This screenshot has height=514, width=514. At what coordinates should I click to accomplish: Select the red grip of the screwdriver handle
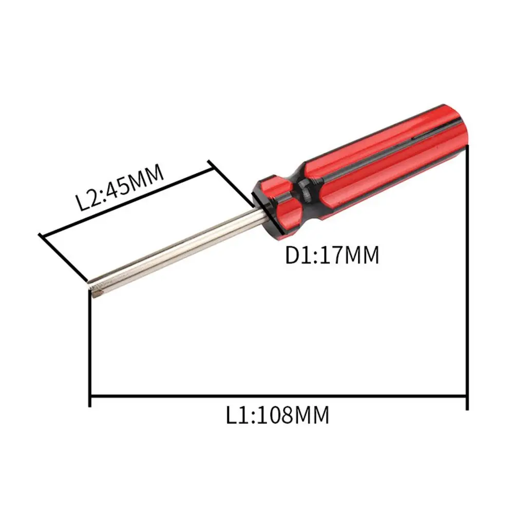390,154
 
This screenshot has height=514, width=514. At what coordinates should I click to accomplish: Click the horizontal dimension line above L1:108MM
277,397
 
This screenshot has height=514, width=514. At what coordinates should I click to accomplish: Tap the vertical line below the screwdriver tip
90,349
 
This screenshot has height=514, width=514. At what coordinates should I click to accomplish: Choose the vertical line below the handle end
467,272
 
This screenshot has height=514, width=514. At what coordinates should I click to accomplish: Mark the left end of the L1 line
90,397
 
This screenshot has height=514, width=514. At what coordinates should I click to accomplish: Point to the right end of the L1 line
467,397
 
